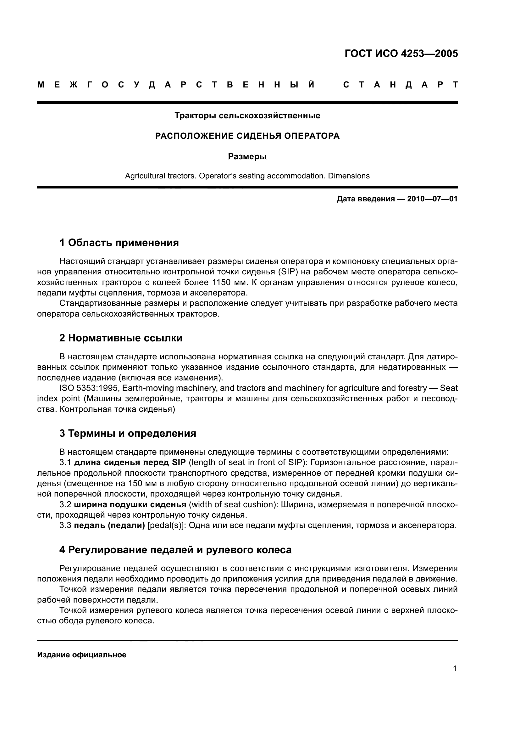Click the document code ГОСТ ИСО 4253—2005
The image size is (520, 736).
coord(401,53)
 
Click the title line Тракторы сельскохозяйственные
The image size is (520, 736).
coord(247,116)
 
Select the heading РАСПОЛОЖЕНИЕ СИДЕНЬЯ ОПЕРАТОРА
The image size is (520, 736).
coord(247,136)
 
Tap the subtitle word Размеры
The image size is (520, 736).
coord(247,157)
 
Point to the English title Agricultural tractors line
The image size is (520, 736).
coord(247,176)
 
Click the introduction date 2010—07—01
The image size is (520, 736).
coord(432,199)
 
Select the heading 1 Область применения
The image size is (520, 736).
coord(119,243)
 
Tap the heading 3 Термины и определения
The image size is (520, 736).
coord(127,433)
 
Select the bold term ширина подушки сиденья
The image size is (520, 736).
coord(130,504)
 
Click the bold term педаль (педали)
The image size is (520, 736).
coord(109,525)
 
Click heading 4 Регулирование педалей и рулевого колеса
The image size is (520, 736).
coord(175,550)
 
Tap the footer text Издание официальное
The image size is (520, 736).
coord(82,655)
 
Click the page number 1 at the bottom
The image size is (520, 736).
coord(455,669)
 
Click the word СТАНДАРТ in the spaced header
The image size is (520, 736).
coord(400,85)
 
